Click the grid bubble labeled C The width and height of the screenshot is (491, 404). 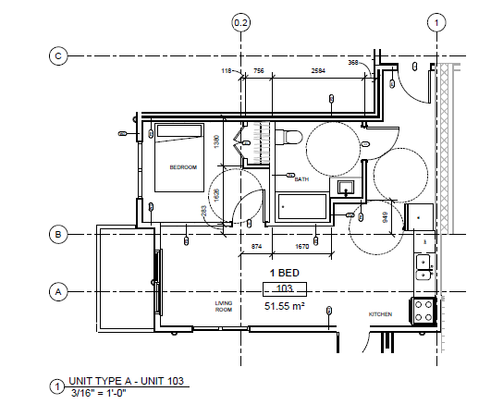[58, 55]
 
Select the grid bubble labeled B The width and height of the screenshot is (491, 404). [58, 235]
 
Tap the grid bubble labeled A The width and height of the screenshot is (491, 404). [58, 292]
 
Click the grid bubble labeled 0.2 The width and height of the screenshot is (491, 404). [241, 21]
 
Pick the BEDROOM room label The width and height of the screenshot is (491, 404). [183, 167]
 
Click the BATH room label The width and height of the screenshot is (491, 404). [301, 179]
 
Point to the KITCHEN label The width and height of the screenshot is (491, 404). [381, 314]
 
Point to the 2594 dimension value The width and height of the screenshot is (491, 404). [317, 71]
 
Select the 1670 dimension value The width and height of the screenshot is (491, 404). [301, 246]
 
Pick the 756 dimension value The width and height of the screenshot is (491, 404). [259, 71]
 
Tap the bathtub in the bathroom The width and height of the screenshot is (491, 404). [301, 206]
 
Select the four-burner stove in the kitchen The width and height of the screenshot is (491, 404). [423, 309]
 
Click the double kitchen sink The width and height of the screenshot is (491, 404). [423, 267]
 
